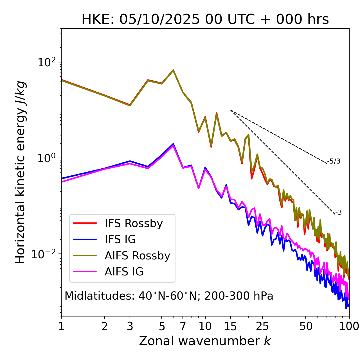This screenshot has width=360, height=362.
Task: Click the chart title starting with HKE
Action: point(205,19)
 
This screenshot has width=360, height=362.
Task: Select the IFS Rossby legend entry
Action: point(118,223)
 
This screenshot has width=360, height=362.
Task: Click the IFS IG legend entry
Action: point(105,239)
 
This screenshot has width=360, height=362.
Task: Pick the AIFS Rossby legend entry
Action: point(121,256)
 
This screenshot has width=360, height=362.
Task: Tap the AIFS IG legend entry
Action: point(108,272)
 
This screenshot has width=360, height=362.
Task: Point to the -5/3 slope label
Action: point(334,161)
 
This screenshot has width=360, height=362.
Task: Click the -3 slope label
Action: point(339,213)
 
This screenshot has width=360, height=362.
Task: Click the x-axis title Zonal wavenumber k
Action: point(205,341)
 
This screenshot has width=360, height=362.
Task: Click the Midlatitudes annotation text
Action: point(169,296)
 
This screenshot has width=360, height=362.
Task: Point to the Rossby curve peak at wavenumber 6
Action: point(173,70)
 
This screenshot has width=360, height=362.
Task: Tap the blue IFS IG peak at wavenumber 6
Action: point(173,144)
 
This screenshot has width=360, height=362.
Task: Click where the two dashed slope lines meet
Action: point(231,110)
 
